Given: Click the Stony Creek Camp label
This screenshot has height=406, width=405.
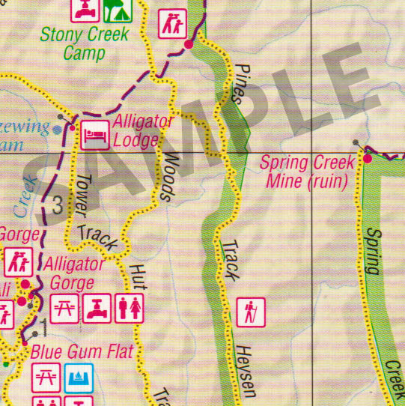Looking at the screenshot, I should point(84,43).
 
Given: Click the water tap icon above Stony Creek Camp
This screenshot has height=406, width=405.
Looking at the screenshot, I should point(85,9).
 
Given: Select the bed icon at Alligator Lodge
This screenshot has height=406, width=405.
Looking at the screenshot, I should point(94,134).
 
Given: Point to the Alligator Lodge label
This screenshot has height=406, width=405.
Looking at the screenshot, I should point(141,131).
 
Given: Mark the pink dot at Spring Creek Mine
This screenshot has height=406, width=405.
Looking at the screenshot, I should point(368,159).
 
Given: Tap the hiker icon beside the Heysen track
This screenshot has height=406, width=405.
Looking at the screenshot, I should point(250,311).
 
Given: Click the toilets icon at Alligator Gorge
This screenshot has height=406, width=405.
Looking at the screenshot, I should point(128,308).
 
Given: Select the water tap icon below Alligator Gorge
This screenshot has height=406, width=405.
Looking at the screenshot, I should point(97,308).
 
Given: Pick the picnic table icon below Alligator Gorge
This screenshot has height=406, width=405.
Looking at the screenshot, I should point(65,308).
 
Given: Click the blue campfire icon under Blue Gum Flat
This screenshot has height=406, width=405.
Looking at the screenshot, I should point(78,375).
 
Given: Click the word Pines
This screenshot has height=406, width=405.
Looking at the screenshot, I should point(239,82).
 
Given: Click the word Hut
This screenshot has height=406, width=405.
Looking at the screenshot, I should point(138,276).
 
